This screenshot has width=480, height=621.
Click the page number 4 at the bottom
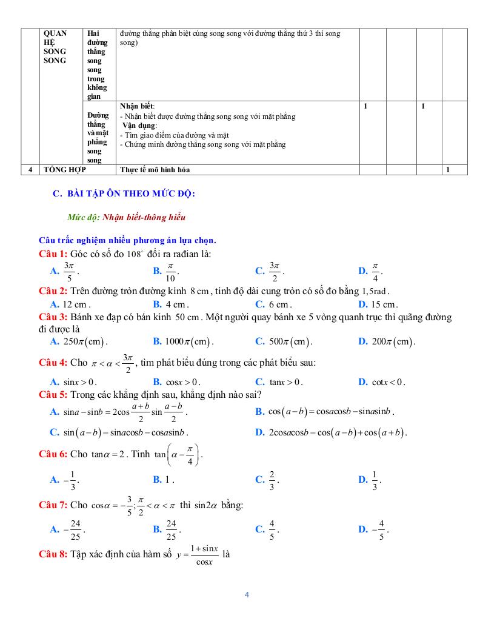(x=247, y=594)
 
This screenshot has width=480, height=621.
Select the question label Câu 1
(x=53, y=254)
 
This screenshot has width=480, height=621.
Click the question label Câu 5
(x=53, y=395)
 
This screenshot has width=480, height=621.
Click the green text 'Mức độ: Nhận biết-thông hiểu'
(x=127, y=217)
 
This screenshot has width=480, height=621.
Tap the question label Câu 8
(x=53, y=554)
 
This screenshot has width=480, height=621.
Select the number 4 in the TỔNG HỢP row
(x=30, y=170)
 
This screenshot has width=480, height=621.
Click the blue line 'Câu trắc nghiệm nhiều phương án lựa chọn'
(x=127, y=240)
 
